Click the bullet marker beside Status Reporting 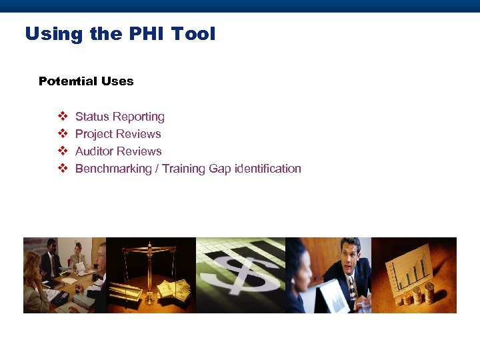63,117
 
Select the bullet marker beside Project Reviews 63,134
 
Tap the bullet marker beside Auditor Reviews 63,151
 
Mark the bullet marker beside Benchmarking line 63,169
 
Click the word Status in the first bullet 91,117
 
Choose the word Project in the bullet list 93,134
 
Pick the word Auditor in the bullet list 94,151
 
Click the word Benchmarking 113,169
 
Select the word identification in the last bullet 267,169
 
